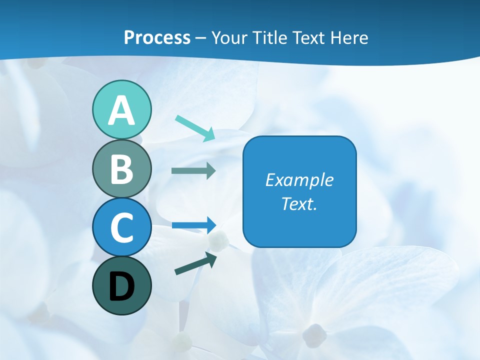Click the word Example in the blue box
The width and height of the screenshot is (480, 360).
tap(299, 179)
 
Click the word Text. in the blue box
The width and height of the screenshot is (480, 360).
tap(299, 203)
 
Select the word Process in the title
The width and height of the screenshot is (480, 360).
tap(157, 38)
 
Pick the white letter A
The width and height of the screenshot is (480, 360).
tap(121, 111)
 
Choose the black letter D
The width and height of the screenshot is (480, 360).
tap(121, 286)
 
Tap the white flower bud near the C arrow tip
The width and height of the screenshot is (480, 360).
tap(218, 241)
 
